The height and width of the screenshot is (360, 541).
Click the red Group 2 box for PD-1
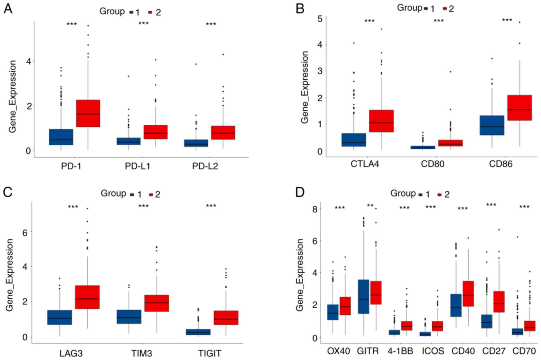tap(88, 113)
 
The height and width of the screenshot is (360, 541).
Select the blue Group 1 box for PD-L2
tap(196, 143)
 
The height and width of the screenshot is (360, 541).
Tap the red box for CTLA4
tap(381, 121)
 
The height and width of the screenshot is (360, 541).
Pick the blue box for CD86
tap(492, 125)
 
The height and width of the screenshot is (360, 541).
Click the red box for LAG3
tap(87, 297)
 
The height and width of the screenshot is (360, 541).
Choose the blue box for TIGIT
tap(198, 332)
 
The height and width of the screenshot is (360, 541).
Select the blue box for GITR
tap(363, 297)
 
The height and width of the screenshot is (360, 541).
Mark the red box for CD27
tap(499, 302)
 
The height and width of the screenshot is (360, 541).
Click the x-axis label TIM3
tap(142, 353)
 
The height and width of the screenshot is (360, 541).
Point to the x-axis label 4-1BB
tap(400, 351)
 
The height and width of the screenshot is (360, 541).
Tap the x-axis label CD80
tap(432, 164)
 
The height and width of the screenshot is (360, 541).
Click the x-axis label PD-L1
tap(137, 166)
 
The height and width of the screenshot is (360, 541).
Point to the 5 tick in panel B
tap(320, 19)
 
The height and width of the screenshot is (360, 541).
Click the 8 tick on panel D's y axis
tap(315, 209)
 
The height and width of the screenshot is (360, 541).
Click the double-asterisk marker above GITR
tap(370, 206)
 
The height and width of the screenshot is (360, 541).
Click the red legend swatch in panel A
tap(150, 12)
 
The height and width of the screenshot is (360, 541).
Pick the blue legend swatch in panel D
tap(420, 195)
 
